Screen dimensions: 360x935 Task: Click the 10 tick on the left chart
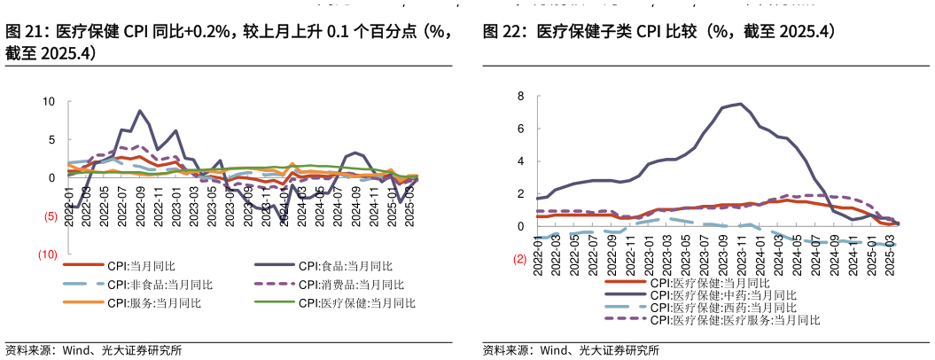(x=50, y=101)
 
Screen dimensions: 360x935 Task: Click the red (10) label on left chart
(x=47, y=254)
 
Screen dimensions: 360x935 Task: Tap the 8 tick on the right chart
(x=521, y=96)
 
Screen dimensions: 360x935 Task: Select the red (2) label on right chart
(x=519, y=260)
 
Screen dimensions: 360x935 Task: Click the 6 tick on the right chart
(x=521, y=129)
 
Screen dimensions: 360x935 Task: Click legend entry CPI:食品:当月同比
(x=345, y=265)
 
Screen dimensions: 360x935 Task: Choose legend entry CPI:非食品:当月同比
(x=160, y=285)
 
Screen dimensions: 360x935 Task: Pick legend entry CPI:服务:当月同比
(x=154, y=303)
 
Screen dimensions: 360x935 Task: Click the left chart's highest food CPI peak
(x=140, y=111)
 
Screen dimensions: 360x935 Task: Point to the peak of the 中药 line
(x=740, y=104)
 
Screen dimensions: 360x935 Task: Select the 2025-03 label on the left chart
(x=409, y=207)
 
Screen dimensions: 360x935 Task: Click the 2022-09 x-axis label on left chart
(x=141, y=207)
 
